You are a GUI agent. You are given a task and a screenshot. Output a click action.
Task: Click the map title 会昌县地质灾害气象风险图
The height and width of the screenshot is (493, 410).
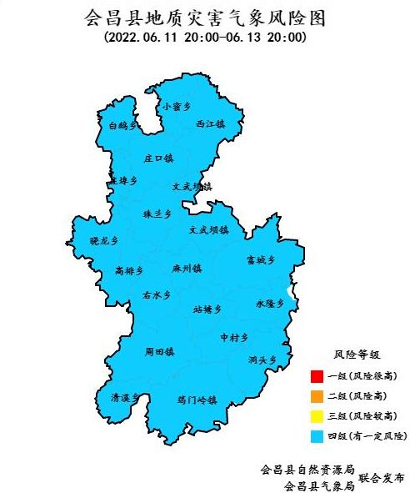204,17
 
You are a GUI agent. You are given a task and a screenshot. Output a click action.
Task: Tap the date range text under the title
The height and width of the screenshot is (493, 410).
205,38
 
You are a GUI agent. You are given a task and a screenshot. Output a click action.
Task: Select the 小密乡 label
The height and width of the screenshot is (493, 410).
177,106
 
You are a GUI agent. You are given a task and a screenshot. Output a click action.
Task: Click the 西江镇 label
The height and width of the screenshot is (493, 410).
210,123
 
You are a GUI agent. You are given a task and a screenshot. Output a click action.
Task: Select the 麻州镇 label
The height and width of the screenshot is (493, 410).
187,269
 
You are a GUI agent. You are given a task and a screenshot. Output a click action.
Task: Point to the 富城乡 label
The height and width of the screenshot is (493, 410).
260,260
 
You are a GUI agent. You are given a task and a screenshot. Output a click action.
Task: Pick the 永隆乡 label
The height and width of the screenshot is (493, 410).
269,304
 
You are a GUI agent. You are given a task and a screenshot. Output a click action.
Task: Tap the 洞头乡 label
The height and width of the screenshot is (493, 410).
261,360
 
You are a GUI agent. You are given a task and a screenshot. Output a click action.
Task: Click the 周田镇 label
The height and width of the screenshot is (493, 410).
159,352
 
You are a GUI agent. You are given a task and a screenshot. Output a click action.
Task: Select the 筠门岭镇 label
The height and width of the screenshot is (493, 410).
197,400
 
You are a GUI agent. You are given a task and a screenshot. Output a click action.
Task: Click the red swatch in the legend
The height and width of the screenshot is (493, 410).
316,376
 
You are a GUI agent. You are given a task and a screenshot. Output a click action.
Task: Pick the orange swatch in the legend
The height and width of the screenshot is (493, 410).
316,396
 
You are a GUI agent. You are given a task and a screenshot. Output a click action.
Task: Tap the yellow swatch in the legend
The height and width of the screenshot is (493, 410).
316,415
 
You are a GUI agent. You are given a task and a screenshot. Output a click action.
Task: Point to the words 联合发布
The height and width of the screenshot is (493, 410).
382,478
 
